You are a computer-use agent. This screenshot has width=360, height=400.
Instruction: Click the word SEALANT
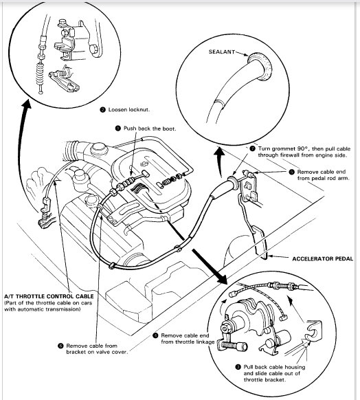click(221, 52)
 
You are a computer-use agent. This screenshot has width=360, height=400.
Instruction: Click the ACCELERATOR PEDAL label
click(322, 258)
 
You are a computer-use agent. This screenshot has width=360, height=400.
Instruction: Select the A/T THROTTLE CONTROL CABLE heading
click(49, 296)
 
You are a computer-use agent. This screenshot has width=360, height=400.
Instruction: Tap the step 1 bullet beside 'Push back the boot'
click(117, 129)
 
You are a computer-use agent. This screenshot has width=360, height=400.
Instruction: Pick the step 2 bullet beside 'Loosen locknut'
click(102, 110)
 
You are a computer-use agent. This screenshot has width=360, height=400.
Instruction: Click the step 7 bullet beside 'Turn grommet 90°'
click(252, 148)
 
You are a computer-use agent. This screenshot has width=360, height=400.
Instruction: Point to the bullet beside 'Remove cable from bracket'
click(60, 346)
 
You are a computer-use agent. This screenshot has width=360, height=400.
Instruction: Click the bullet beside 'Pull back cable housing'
click(238, 367)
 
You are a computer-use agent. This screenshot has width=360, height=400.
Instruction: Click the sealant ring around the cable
click(260, 66)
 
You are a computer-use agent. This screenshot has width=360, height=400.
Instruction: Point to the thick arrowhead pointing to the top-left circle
click(25, 104)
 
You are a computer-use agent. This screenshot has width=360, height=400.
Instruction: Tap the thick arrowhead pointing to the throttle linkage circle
click(221, 278)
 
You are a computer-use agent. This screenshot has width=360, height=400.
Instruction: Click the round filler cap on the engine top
click(99, 148)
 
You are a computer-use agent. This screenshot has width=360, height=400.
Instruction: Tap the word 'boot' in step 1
click(169, 129)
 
